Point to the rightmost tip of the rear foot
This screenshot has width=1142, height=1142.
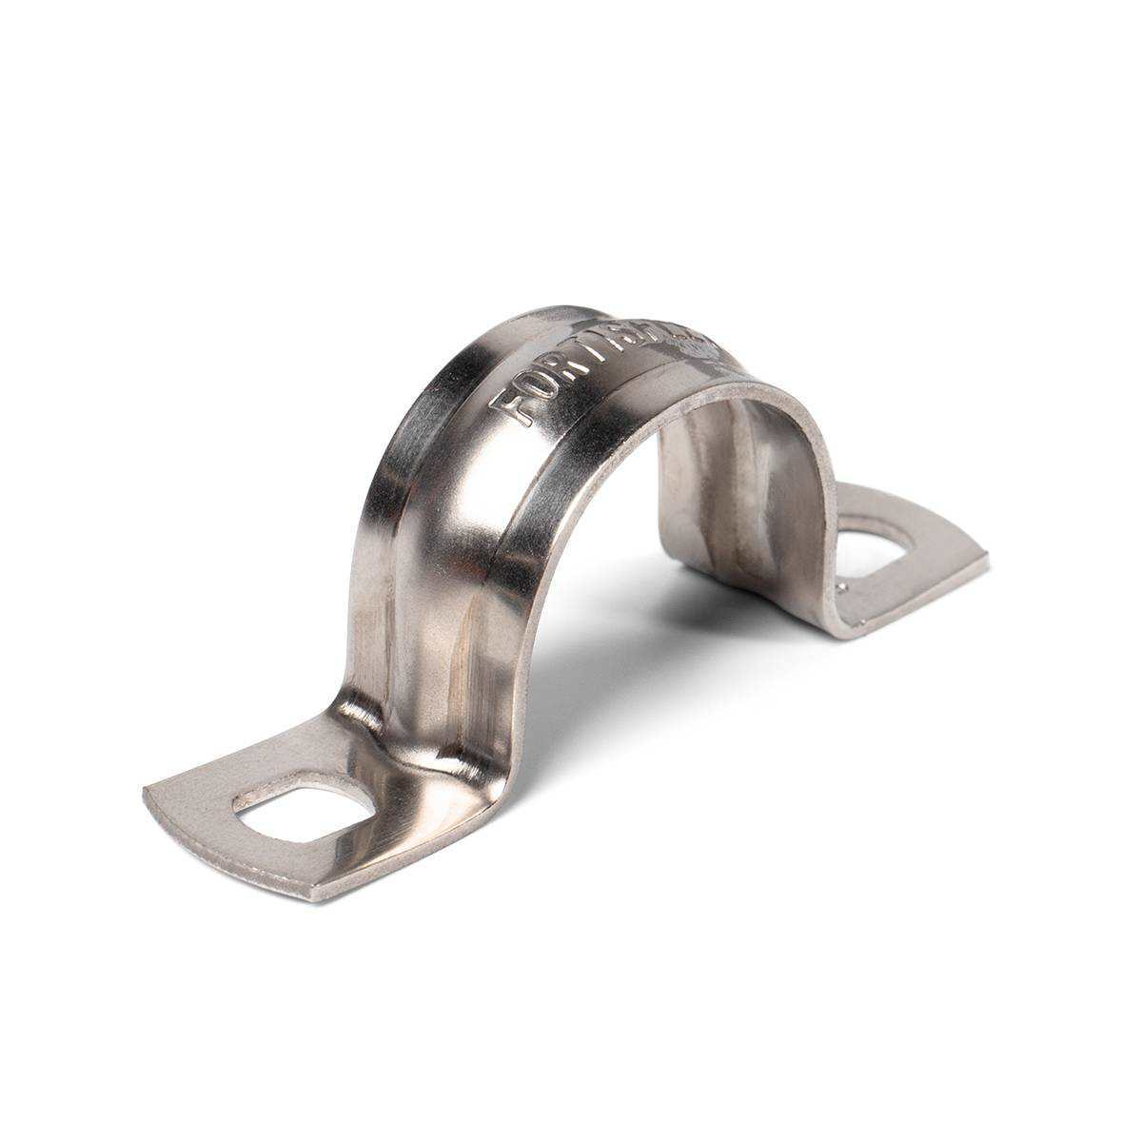[986, 561]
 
